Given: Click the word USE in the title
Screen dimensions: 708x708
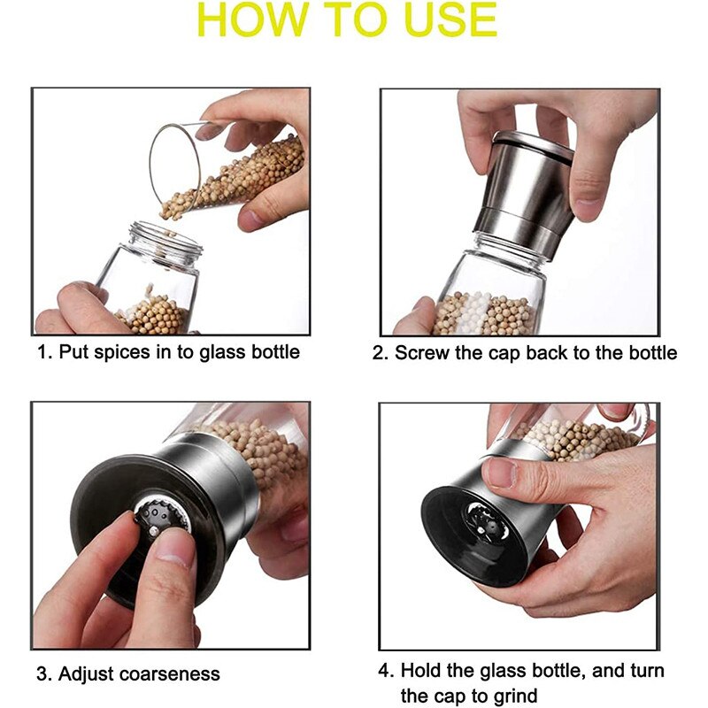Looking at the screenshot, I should click(444, 21).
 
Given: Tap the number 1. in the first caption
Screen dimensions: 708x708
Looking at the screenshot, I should click(43, 352).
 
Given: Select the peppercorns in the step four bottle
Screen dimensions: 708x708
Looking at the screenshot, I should click(575, 438).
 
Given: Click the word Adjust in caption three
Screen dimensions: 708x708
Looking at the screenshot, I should click(84, 673).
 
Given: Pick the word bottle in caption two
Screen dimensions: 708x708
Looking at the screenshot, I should click(650, 353).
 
